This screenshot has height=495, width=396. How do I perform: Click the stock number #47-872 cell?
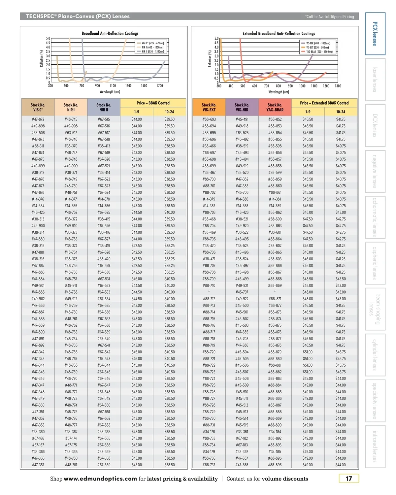point(38,119)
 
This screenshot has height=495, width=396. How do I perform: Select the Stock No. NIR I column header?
point(71,107)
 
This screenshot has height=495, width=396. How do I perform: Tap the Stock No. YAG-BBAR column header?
point(275,107)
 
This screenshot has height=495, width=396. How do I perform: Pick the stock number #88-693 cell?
point(209,119)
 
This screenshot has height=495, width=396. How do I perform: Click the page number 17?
point(348,478)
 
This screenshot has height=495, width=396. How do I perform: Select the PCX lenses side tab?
point(375,34)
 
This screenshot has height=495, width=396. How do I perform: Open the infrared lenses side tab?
point(375,446)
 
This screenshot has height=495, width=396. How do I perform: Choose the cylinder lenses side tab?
point(375,355)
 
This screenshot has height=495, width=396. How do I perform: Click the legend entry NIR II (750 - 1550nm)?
point(152,51)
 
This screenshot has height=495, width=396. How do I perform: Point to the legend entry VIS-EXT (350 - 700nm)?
point(317,48)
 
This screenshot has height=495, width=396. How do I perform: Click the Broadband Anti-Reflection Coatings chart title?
point(110,33)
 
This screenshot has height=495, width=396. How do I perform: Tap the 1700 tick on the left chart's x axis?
point(160,86)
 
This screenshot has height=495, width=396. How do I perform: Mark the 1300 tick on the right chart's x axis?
point(338,86)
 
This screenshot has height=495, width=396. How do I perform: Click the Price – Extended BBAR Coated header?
point(324,103)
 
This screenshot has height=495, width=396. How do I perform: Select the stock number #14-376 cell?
point(38,199)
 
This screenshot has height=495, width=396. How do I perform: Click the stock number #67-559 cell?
point(104,465)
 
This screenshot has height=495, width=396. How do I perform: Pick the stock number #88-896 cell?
point(275,465)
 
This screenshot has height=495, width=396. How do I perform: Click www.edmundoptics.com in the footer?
point(100,479)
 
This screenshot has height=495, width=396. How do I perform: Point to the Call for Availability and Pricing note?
point(330,16)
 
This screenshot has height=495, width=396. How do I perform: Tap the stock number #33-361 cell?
point(242,432)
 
